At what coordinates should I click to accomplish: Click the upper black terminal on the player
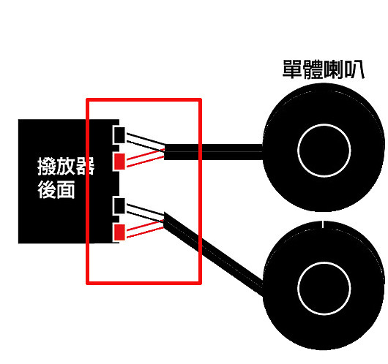tap(120, 135)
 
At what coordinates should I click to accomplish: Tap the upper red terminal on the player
tap(120, 162)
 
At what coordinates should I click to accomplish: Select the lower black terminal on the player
tap(120, 205)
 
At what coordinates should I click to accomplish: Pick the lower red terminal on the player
tap(120, 232)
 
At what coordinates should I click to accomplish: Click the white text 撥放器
tap(66, 166)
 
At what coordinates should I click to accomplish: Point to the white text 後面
tap(56, 189)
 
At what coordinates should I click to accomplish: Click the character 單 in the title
tap(293, 69)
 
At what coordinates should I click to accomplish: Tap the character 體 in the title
tap(313, 69)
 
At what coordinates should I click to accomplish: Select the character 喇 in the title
tap(334, 69)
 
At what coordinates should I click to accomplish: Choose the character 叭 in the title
tap(354, 69)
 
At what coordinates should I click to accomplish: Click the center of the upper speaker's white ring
tap(324, 151)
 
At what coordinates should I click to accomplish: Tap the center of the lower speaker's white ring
tap(324, 288)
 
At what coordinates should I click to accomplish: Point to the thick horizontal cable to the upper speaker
tap(213, 152)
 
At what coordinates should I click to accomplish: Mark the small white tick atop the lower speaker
tap(322, 224)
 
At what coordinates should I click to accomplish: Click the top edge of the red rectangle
tap(143, 99)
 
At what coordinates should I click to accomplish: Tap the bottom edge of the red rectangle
tap(143, 283)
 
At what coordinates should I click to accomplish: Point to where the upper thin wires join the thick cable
tap(164, 150)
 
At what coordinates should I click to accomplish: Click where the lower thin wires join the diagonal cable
tap(164, 221)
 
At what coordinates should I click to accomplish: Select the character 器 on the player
tap(85, 166)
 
